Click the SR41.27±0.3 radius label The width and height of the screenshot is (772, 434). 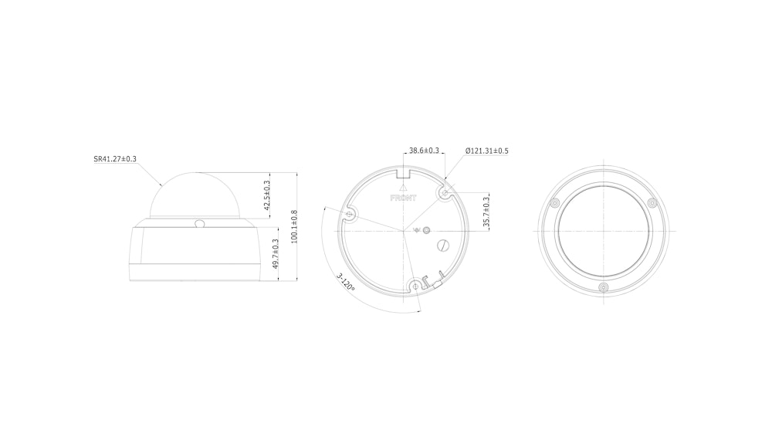115,159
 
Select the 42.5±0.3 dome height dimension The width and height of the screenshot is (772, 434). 267,194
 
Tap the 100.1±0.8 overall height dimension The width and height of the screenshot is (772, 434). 294,226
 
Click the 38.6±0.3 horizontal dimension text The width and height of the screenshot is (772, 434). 424,151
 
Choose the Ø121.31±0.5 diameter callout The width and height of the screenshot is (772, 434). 487,151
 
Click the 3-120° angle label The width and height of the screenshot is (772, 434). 346,283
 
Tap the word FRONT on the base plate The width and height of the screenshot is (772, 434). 403,198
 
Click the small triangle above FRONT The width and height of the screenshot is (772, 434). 403,187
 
